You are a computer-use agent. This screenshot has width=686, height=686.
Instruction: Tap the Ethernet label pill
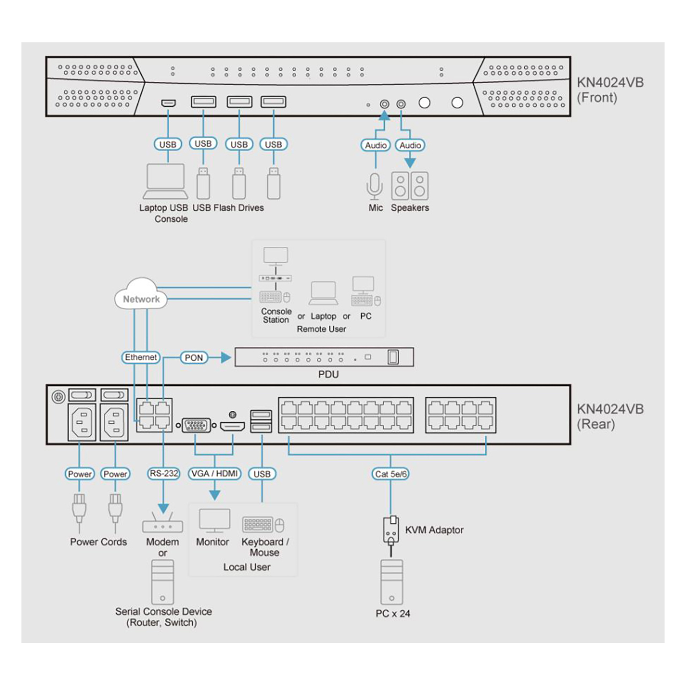click(141, 357)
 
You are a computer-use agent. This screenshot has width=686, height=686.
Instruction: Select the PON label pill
click(193, 357)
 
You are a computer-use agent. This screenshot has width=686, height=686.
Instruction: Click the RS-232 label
click(163, 474)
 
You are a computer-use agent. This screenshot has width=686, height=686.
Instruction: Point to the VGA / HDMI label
click(214, 474)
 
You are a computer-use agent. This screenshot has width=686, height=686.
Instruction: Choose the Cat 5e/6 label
click(391, 474)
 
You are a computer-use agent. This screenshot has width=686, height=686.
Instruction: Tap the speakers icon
click(410, 185)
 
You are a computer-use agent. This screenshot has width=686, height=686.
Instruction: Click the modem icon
click(162, 524)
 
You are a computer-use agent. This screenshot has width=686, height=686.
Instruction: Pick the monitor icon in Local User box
click(214, 520)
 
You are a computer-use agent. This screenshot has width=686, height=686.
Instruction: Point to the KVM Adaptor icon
click(391, 530)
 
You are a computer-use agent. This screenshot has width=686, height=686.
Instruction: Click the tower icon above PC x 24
click(392, 582)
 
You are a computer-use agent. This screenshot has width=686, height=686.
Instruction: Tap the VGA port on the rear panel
click(196, 426)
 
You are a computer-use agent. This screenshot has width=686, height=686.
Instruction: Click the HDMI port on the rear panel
click(233, 427)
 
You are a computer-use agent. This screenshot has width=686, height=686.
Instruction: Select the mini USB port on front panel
click(168, 102)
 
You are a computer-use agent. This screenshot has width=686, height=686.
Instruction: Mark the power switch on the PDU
click(393, 357)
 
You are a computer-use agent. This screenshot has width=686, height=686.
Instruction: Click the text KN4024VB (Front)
click(610, 90)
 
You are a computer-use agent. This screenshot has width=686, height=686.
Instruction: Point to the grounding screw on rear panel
click(58, 397)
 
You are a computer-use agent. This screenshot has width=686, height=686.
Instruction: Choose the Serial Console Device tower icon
click(162, 582)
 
